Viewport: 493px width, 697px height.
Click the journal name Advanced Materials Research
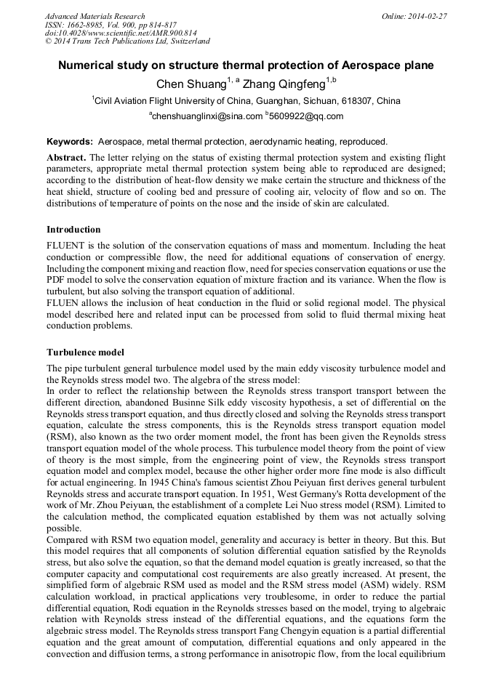(95, 16)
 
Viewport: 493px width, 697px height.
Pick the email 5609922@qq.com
(305, 116)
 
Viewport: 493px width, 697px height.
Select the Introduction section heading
(73, 230)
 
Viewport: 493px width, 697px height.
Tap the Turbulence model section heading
(85, 352)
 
